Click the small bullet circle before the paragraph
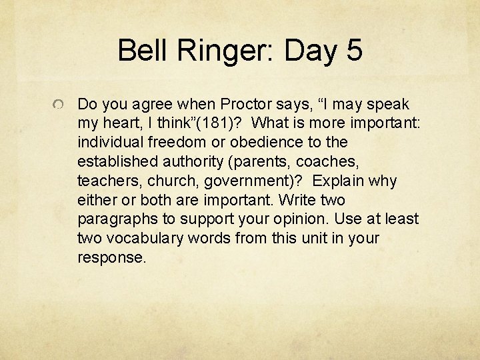(x=59, y=105)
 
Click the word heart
(x=123, y=124)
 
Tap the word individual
(x=109, y=143)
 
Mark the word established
(x=114, y=162)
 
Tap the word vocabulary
(x=138, y=239)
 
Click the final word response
(x=111, y=258)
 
